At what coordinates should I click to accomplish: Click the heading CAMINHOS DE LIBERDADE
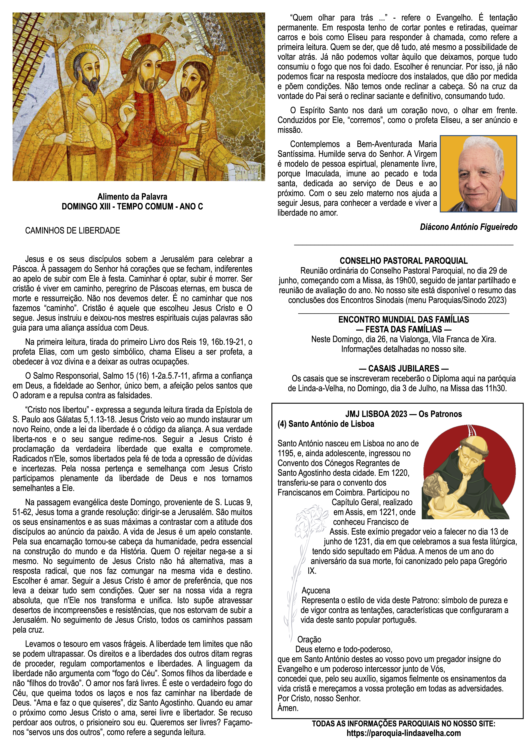[72, 231]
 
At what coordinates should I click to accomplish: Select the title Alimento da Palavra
[132, 197]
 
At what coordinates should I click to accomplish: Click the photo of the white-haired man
[478, 174]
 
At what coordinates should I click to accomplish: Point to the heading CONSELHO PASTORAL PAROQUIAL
[404, 261]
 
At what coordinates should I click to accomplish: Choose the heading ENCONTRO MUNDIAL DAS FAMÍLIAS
[404, 319]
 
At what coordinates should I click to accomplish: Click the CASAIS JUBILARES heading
[404, 368]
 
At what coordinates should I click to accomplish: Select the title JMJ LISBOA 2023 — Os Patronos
[404, 414]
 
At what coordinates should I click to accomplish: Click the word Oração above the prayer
[309, 640]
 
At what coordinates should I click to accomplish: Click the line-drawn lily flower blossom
[307, 523]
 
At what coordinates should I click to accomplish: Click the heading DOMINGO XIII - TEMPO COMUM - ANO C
[132, 206]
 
